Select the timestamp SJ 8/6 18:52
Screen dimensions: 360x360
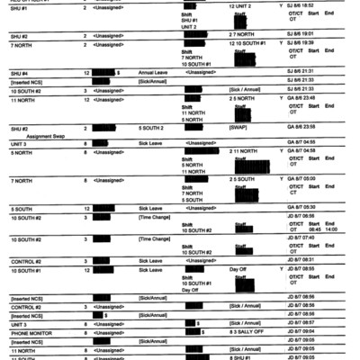(306, 5)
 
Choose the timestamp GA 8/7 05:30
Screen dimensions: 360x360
(306, 208)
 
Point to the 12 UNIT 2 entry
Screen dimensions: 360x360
(245, 5)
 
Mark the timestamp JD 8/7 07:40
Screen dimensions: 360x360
(306, 238)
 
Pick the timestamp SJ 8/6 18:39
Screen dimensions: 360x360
(306, 43)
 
